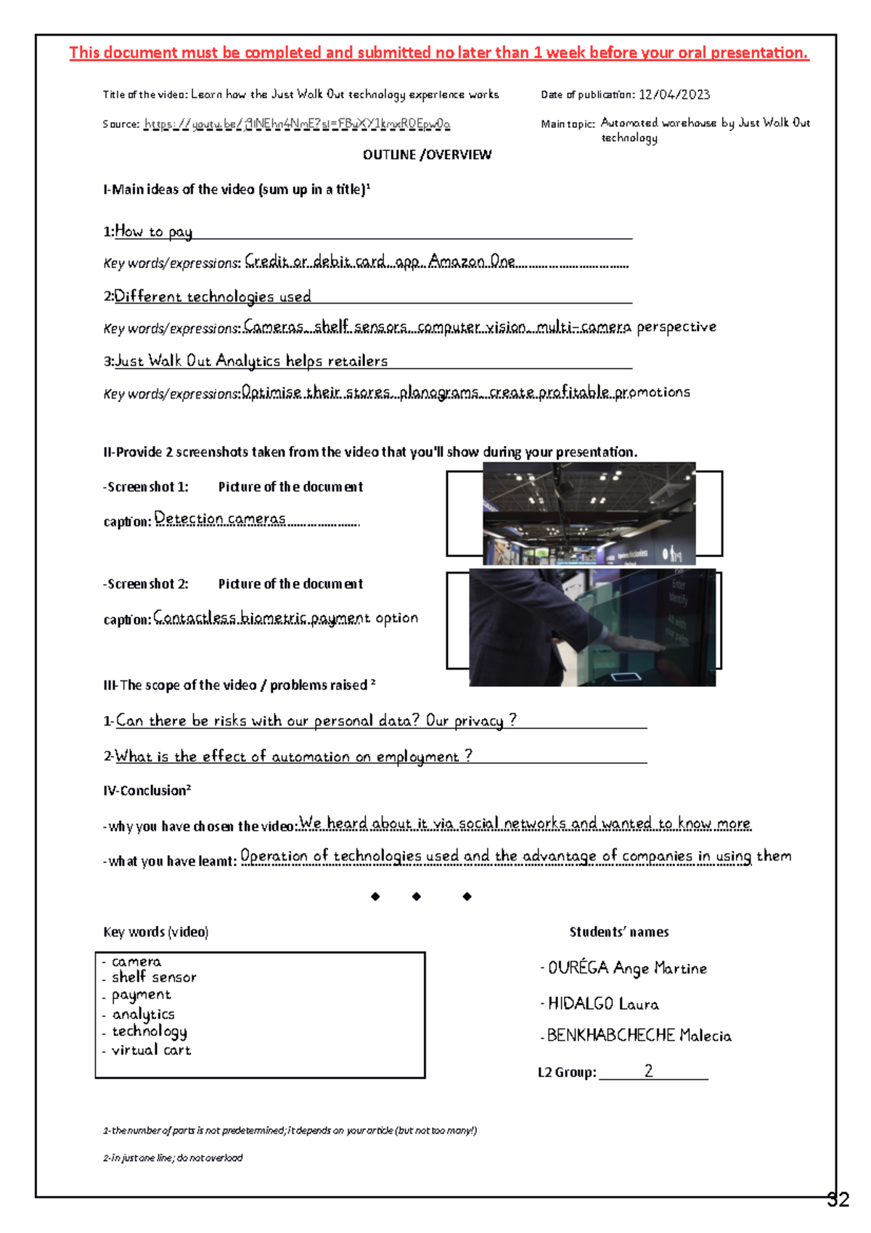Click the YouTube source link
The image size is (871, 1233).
click(x=297, y=123)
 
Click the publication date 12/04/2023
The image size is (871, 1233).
click(x=674, y=94)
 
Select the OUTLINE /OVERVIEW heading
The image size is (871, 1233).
click(x=427, y=155)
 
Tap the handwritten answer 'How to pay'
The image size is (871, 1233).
click(x=153, y=232)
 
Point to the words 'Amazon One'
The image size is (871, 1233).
click(x=472, y=261)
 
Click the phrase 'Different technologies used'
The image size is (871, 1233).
click(x=213, y=296)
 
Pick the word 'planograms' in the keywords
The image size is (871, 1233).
click(x=438, y=392)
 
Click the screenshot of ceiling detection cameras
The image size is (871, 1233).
click(x=589, y=513)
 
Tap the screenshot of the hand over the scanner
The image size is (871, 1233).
click(x=592, y=627)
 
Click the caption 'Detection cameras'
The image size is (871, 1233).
click(x=220, y=518)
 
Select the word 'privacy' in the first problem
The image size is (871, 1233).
click(x=478, y=720)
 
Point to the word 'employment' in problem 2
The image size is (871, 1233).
click(x=417, y=757)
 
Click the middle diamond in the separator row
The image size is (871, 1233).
click(x=417, y=897)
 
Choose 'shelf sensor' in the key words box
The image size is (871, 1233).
click(x=154, y=977)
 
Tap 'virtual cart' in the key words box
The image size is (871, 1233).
click(x=151, y=1050)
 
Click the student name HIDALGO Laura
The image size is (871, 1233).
click(x=603, y=1004)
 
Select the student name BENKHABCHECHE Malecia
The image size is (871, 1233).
click(x=639, y=1035)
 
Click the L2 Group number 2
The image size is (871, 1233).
click(x=648, y=1070)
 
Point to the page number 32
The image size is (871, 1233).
click(x=838, y=1200)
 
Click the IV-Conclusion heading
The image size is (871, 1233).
click(x=147, y=791)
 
